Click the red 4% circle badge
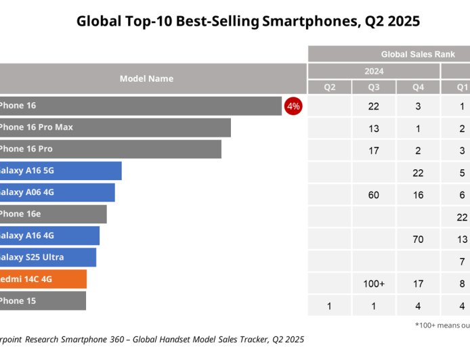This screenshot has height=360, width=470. click(293, 106)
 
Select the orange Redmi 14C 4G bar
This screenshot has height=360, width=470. click(43, 279)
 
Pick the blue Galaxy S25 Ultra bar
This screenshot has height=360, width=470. click(47, 257)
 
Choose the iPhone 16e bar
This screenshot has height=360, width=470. click(53, 214)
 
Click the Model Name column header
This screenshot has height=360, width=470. click(146, 78)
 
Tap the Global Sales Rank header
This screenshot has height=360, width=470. click(417, 54)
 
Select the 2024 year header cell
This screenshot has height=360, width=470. click(373, 71)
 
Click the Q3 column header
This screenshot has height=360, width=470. click(374, 87)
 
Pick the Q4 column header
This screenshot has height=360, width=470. click(418, 87)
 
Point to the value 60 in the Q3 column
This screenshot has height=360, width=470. click(374, 195)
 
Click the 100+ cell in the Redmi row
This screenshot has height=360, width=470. click(374, 284)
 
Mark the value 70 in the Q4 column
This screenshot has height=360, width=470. click(418, 240)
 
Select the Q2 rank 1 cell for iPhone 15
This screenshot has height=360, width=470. click(329, 306)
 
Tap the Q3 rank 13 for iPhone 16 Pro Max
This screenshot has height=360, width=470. click(374, 129)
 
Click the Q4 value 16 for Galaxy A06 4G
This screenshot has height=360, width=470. click(418, 195)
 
